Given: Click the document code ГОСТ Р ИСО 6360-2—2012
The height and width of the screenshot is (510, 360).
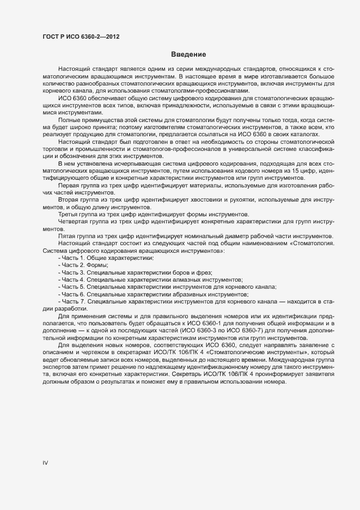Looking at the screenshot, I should [x=81, y=37].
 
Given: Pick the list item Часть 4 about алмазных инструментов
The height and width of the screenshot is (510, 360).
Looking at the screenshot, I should [x=150, y=279].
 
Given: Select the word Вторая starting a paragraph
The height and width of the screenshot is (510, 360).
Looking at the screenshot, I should [x=69, y=201].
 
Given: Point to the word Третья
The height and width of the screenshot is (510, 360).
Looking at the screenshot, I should [x=69, y=215].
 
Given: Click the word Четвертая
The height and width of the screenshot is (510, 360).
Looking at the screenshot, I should [x=75, y=222].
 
